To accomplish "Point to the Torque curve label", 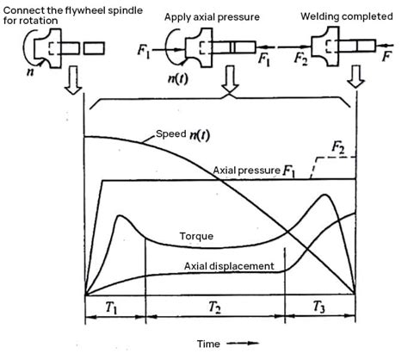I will click(197, 234).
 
